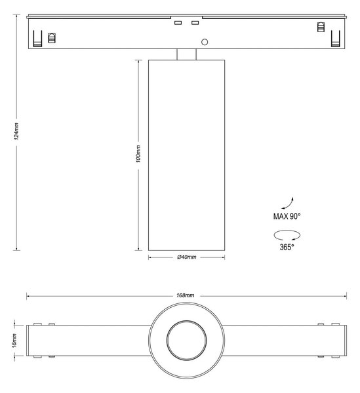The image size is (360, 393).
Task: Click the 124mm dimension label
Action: click(x=16, y=131)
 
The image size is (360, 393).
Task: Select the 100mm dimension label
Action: click(x=138, y=154)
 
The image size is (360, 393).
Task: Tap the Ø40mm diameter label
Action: click(x=187, y=257)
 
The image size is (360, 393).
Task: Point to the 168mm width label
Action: click(x=186, y=295)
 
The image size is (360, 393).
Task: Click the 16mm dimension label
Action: click(x=14, y=341)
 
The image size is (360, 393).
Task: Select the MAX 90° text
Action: click(x=287, y=216)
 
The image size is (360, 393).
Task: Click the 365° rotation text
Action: click(x=287, y=247)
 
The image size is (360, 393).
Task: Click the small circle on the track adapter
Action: click(x=205, y=42)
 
